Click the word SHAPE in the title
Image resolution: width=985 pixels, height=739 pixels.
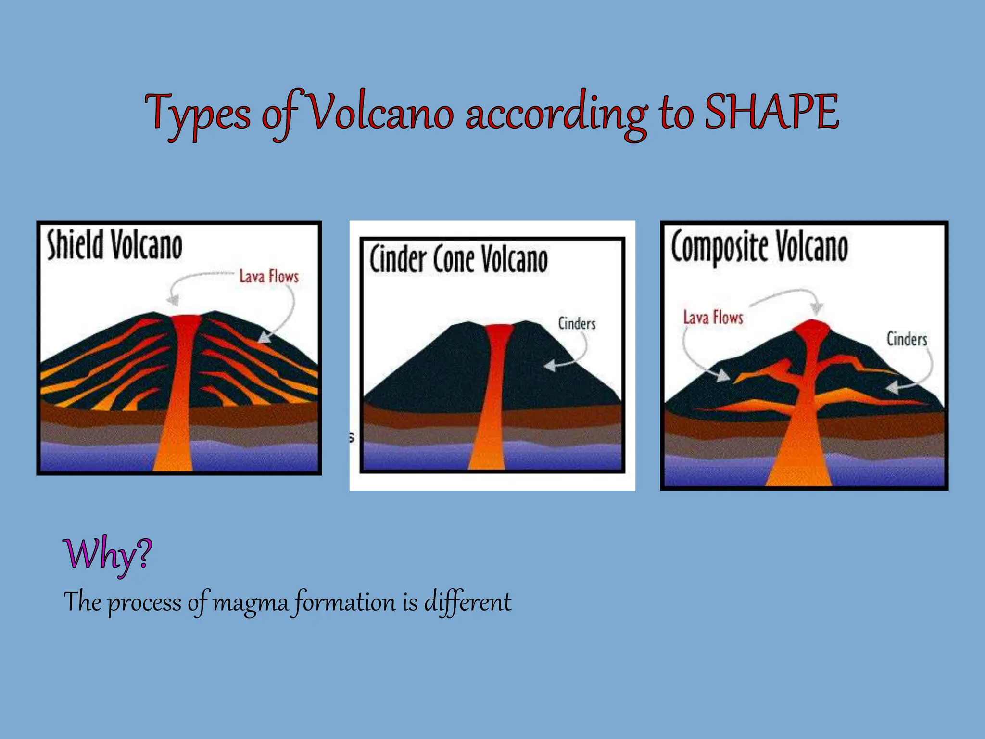point(771,113)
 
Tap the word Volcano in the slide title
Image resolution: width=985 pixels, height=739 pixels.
point(379,113)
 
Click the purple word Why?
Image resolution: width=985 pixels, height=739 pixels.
point(107,555)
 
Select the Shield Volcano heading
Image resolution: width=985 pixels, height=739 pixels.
point(114,245)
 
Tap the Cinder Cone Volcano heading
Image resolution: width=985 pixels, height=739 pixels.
point(458,259)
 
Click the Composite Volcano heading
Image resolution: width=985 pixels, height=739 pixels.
point(759,247)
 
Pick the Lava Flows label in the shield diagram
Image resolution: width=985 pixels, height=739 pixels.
point(269,277)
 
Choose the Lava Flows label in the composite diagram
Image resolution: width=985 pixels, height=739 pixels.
point(713,318)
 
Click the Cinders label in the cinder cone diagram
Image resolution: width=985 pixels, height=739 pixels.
point(577,324)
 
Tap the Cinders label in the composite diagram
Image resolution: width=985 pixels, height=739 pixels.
point(907,339)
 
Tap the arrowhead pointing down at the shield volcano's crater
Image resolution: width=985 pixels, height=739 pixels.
point(173,301)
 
